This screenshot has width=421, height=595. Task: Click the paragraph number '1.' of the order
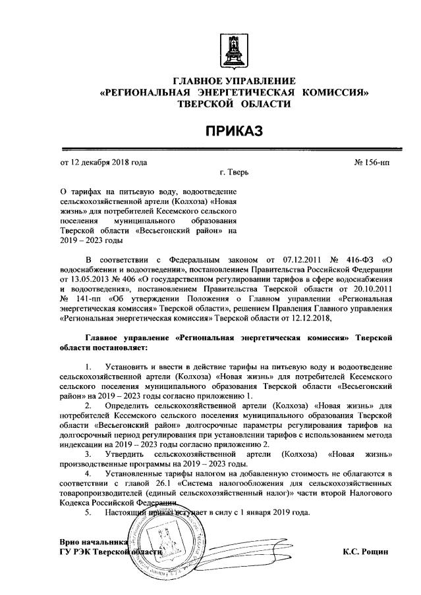[90, 365]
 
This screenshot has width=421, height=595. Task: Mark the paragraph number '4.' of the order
[90, 473]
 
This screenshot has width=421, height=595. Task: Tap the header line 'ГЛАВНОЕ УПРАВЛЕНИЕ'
[233, 80]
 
